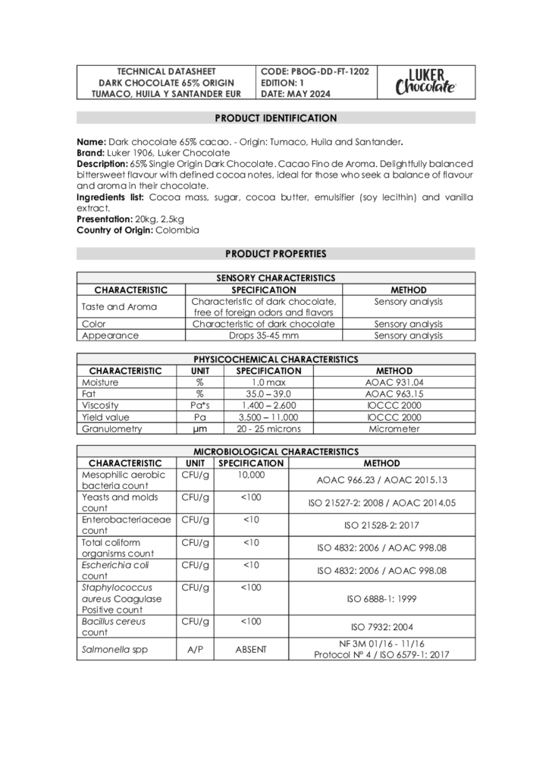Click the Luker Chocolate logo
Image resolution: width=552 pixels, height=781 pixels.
(425, 82)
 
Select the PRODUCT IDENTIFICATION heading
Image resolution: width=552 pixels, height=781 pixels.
(276, 118)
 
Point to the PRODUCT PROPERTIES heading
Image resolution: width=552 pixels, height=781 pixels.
(276, 254)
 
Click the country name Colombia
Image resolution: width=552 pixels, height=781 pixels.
(177, 230)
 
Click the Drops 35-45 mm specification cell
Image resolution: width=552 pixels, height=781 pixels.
(264, 335)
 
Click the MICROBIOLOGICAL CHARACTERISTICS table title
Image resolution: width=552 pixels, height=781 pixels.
(276, 451)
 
